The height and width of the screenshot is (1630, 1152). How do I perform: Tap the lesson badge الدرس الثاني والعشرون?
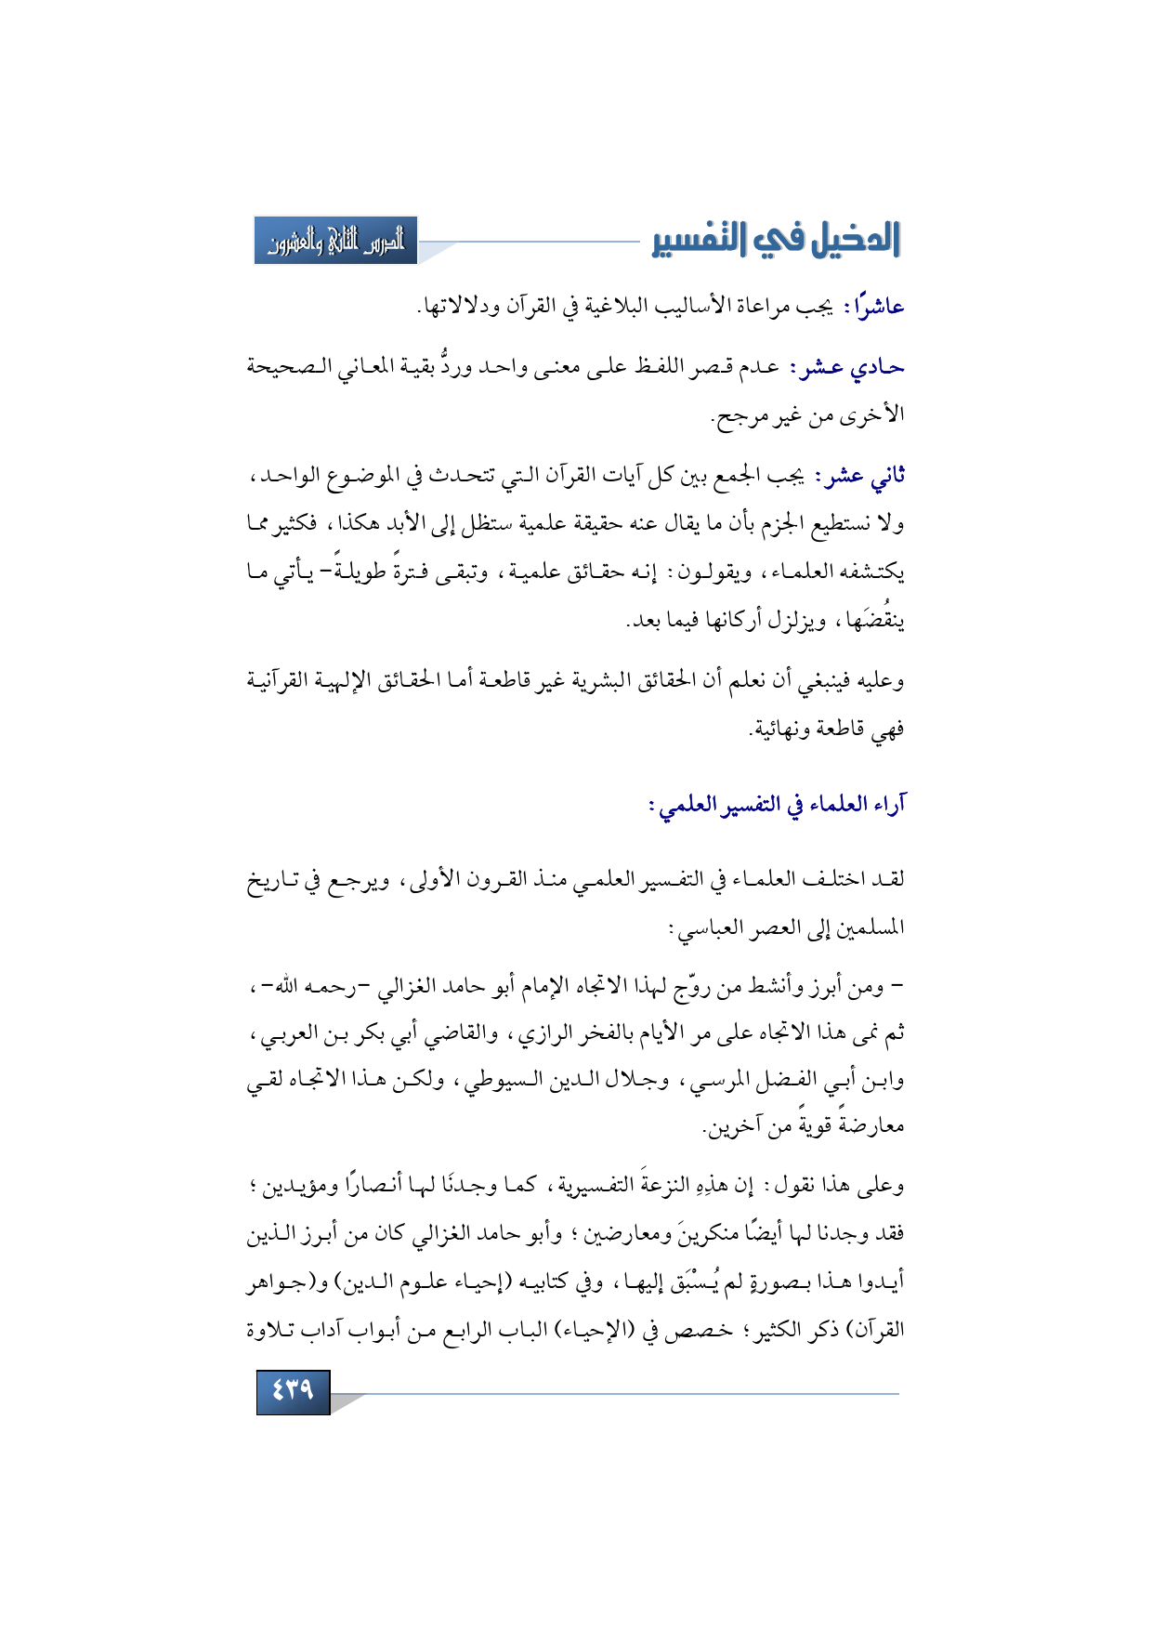(336, 241)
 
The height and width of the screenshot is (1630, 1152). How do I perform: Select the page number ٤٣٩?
(293, 1390)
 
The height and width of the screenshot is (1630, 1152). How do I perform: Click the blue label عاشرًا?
(873, 306)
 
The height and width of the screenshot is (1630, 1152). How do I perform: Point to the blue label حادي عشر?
(846, 368)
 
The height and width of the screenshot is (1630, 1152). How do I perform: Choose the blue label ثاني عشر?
(859, 476)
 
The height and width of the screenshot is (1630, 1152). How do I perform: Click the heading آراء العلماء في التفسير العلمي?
(777, 804)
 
